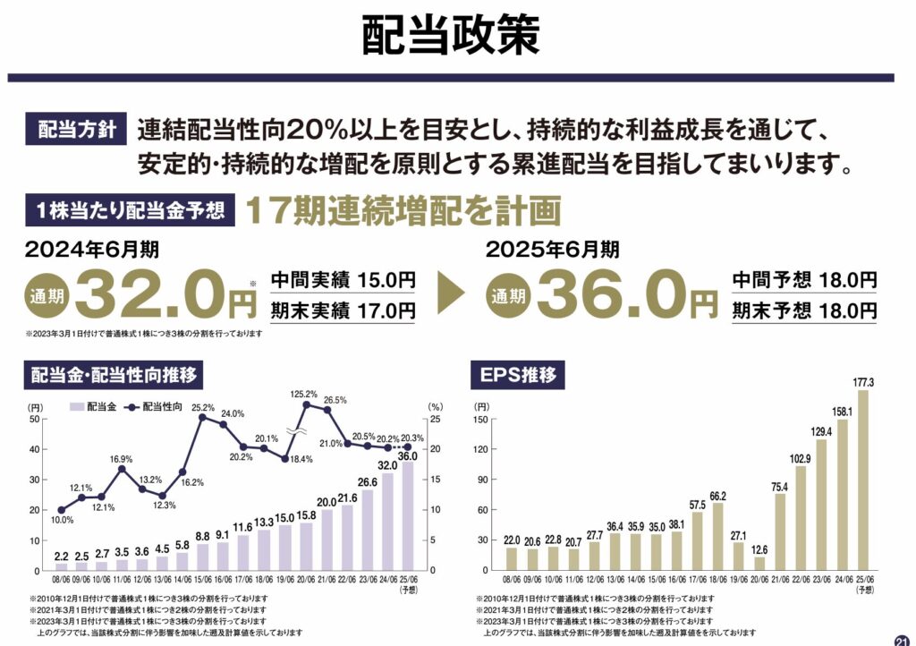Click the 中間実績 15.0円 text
[343, 279]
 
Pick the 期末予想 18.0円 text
[804, 310]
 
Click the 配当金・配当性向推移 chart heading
[113, 375]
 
